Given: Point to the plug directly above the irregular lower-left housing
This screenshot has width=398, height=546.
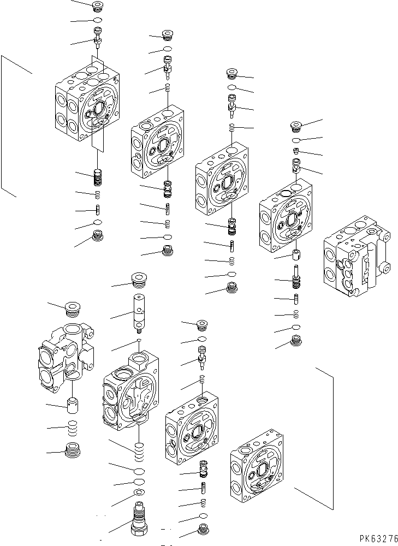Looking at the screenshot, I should pos(72,308).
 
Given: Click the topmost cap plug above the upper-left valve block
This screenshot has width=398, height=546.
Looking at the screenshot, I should pos(98,7).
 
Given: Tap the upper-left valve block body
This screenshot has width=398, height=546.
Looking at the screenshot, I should pos(87,104).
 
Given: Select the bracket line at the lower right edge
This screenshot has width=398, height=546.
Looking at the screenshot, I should pos(332,437).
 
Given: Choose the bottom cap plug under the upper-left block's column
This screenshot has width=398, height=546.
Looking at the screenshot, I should pos(99,236).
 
